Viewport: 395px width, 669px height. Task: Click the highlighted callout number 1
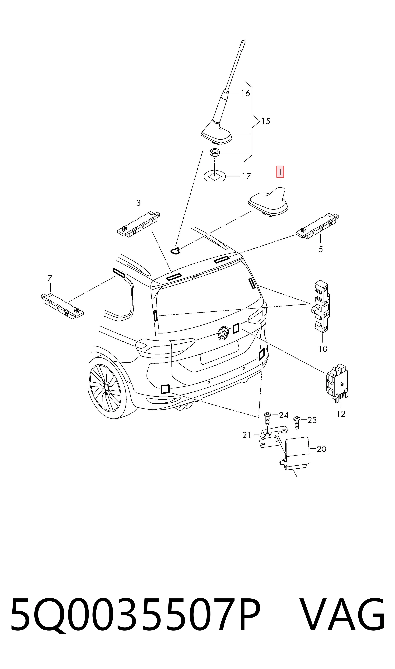tap(280, 172)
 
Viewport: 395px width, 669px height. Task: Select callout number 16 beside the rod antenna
tap(245, 93)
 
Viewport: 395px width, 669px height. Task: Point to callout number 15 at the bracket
tap(266, 121)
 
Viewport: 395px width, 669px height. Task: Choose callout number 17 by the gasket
tap(246, 176)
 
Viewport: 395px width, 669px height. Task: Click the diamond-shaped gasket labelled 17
tap(215, 176)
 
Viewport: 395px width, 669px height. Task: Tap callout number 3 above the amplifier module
tap(138, 203)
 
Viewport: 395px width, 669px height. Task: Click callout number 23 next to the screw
tap(312, 420)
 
